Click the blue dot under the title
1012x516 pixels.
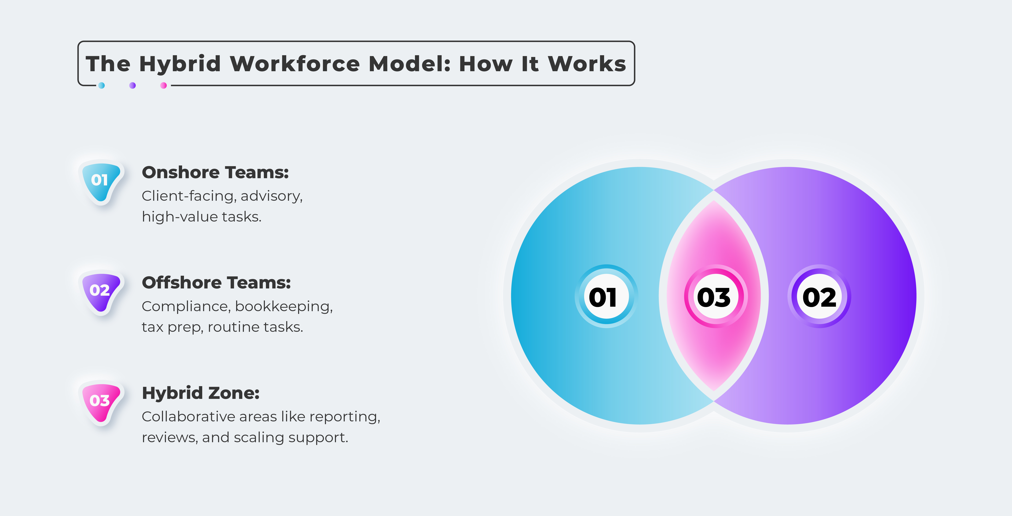[101, 85]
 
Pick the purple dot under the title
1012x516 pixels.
[132, 85]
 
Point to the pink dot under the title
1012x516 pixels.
[164, 85]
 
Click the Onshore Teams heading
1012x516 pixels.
[215, 172]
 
